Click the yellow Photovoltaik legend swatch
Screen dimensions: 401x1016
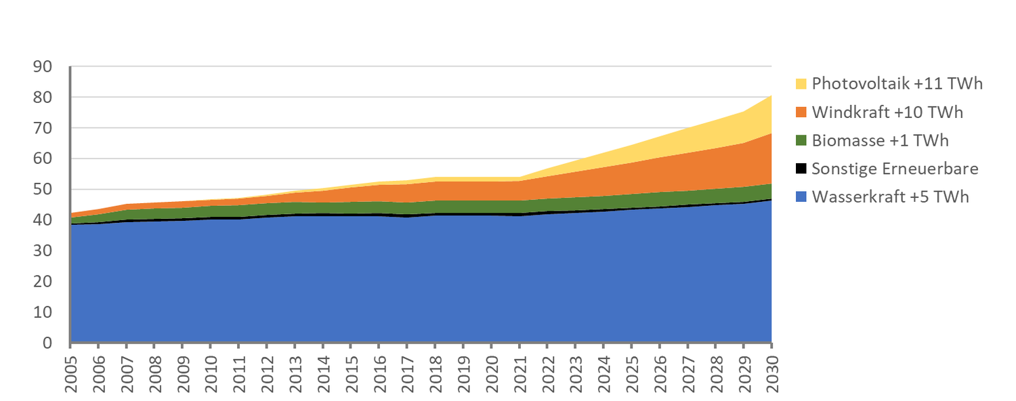[801, 84]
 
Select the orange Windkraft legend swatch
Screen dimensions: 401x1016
[801, 112]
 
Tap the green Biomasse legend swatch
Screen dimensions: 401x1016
[801, 141]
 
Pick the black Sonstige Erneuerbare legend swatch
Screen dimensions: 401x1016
[801, 169]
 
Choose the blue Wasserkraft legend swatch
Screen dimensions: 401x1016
[801, 197]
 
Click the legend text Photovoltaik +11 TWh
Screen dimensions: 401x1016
[897, 84]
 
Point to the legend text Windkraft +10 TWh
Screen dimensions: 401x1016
[887, 112]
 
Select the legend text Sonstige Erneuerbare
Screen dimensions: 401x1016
[895, 169]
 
